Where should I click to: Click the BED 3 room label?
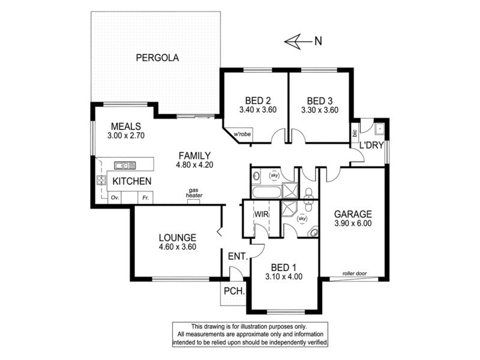[x=320, y=100]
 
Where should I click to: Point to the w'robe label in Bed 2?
[x=242, y=134]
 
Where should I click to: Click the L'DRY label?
[x=371, y=145]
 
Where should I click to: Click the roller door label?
[x=355, y=273]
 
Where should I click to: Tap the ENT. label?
[x=236, y=257]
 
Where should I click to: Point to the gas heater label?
[x=194, y=193]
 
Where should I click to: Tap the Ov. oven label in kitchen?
[x=113, y=197]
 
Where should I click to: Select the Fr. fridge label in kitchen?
[x=145, y=197]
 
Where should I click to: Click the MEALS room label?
[x=125, y=126]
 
